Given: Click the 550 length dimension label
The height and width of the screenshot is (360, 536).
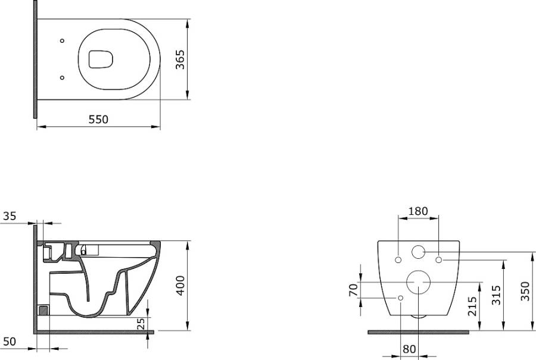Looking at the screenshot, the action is (98, 120).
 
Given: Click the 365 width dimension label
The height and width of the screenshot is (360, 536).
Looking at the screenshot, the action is (180, 60).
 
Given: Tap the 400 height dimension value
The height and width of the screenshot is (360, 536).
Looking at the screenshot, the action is (180, 285).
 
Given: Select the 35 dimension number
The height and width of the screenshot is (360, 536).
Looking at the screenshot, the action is (10, 216).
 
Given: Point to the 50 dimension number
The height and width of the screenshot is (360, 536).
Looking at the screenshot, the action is (10, 342).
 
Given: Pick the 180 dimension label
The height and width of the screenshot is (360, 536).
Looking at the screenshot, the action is (419, 211).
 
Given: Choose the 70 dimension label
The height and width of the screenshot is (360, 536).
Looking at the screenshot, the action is (353, 290).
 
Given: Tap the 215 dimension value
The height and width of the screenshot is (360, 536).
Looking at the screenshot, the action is (472, 306).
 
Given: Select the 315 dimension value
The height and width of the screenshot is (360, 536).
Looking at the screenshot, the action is (496, 295).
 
